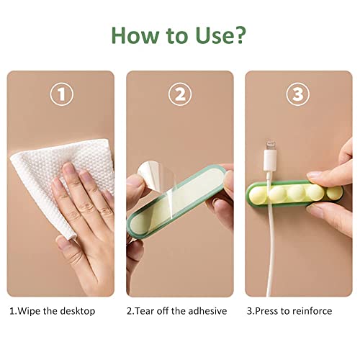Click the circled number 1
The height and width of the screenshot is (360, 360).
62,94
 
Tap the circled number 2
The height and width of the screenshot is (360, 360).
180,94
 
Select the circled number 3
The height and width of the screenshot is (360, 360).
298,94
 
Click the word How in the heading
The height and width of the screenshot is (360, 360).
135,35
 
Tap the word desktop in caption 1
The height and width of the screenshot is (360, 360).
78,311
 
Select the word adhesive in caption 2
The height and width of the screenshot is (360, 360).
207,311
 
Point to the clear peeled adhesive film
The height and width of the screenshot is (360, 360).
158,178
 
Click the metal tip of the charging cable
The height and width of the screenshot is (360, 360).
271,146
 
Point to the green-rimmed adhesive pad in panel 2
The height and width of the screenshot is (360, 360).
176,201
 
